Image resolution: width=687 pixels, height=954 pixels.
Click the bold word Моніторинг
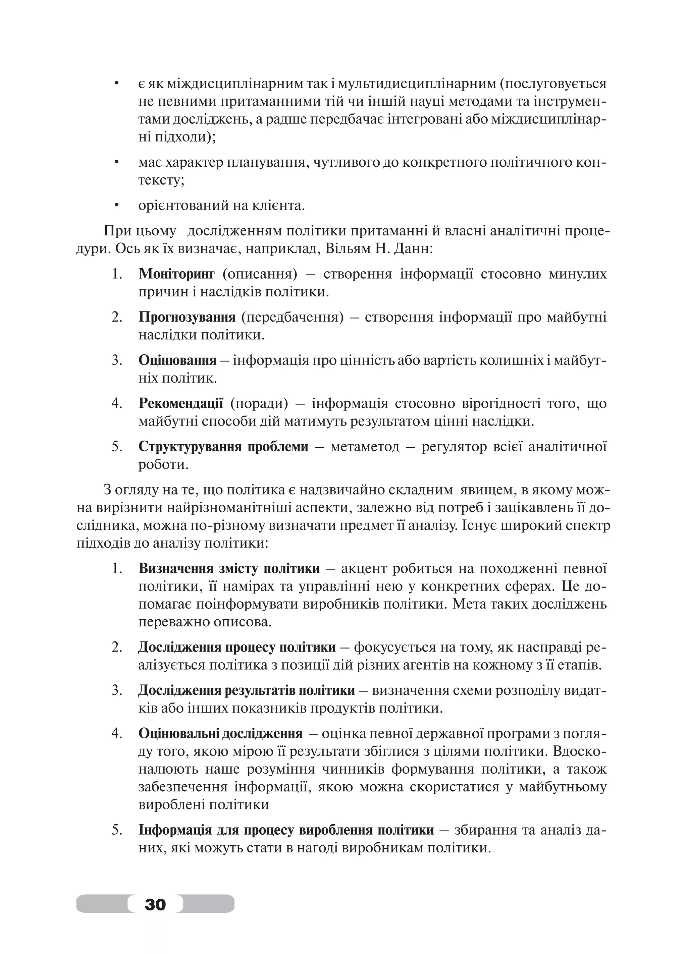tap(176, 274)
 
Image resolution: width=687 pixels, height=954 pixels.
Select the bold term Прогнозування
tap(187, 317)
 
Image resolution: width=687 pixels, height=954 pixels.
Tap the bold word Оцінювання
tap(177, 360)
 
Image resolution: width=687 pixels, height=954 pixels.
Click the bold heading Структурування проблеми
tap(223, 446)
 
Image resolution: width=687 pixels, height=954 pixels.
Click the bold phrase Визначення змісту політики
tap(229, 569)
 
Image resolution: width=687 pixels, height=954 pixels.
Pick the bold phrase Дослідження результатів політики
tap(247, 690)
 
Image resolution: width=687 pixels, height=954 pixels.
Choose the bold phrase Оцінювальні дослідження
tap(220, 734)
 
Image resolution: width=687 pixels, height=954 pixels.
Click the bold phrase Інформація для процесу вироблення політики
tap(286, 830)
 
